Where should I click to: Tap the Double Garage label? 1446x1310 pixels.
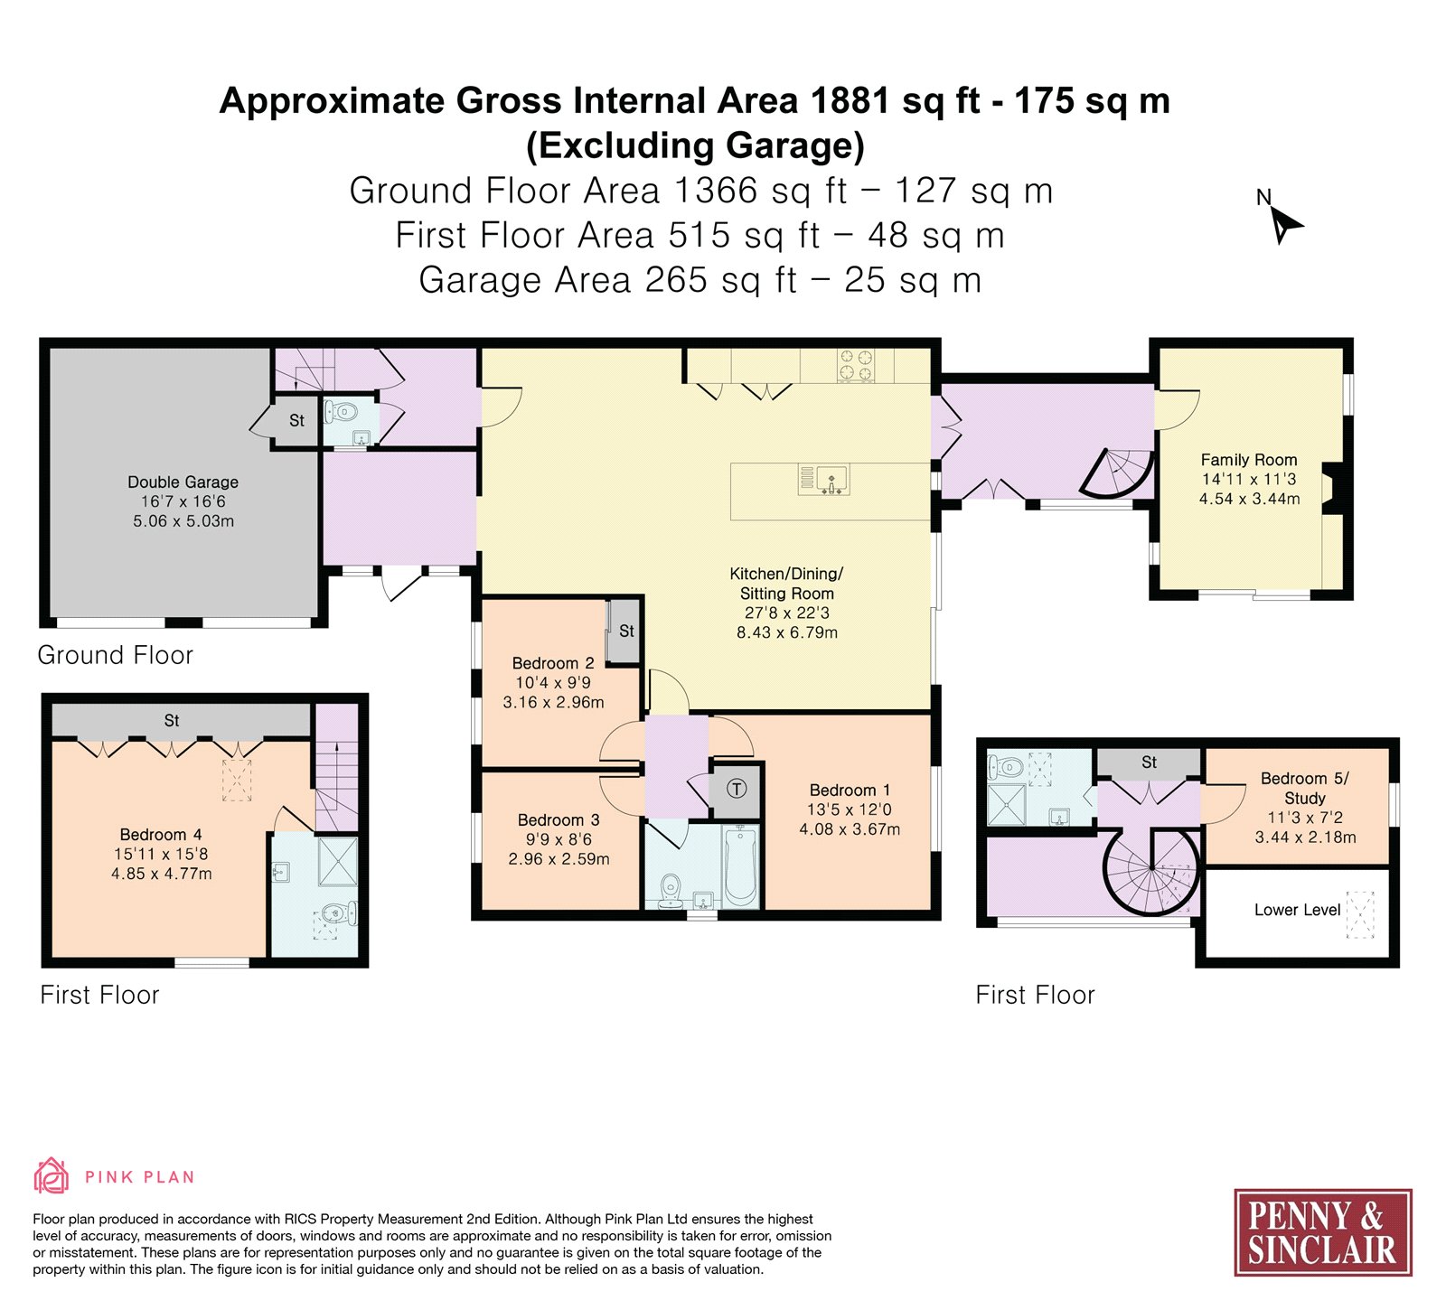click(183, 482)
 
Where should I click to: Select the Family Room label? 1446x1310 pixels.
click(1248, 460)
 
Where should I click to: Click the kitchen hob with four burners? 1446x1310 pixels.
click(856, 365)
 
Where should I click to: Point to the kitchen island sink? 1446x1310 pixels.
click(831, 478)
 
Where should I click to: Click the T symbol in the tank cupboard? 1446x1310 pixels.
click(737, 789)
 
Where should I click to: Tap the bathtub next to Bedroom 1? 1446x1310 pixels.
click(739, 866)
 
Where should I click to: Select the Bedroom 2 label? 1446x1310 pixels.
click(553, 663)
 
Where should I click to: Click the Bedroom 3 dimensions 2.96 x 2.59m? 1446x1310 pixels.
click(559, 859)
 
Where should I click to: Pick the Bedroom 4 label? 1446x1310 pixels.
click(161, 835)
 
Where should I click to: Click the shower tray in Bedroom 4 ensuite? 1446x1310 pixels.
click(338, 862)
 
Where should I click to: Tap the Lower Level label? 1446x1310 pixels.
click(1297, 910)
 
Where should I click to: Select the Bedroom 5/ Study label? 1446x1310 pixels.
click(1305, 788)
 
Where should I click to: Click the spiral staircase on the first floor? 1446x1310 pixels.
click(1152, 869)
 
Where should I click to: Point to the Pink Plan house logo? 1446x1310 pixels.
click(52, 1176)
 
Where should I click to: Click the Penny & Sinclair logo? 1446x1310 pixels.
click(1322, 1232)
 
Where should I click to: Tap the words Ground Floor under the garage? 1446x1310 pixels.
click(115, 655)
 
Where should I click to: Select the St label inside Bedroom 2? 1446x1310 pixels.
click(626, 631)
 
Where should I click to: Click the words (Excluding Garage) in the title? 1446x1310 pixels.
click(695, 145)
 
